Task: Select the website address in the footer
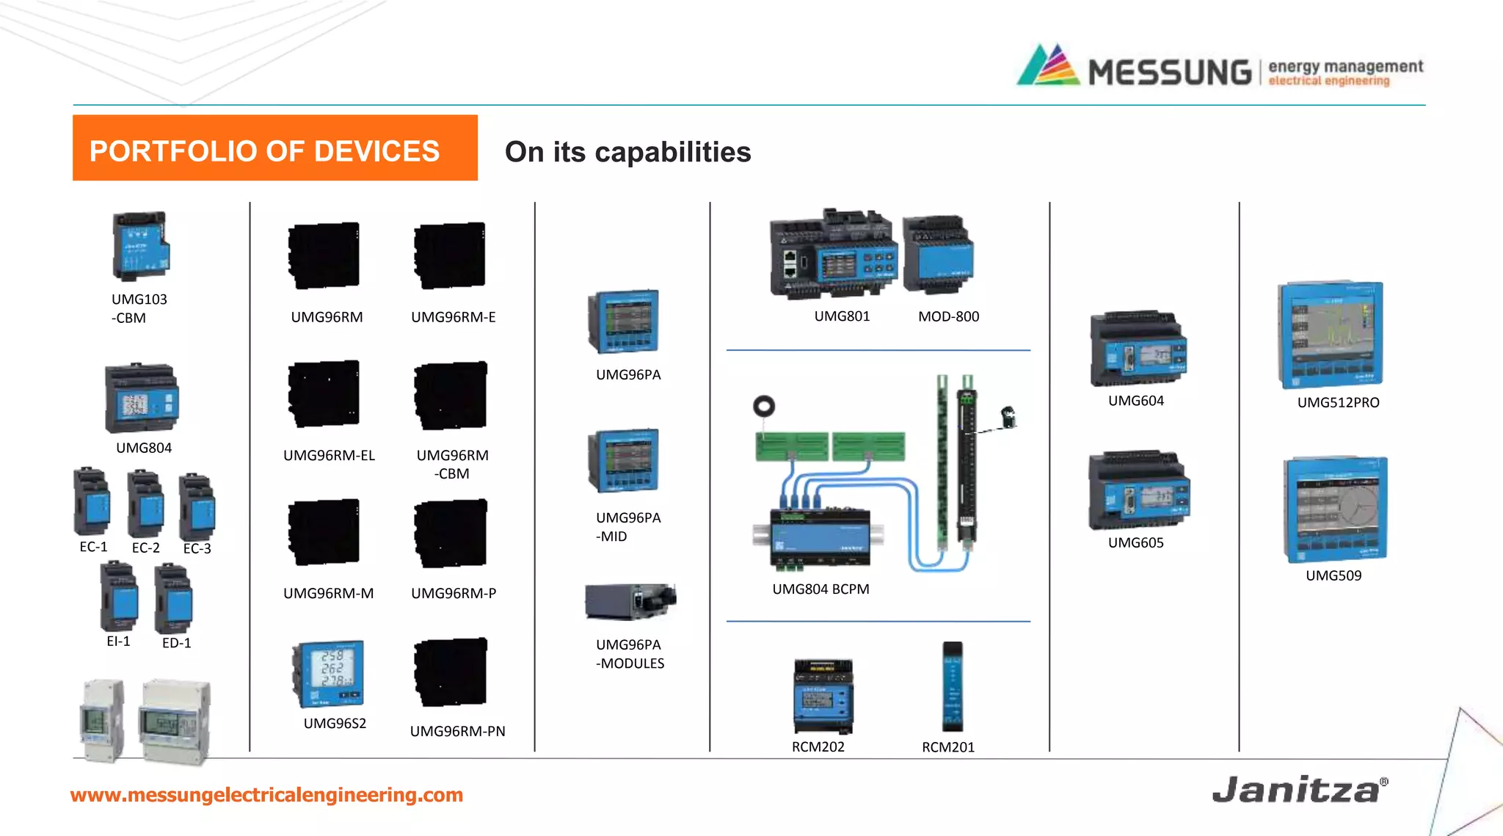pos(266,795)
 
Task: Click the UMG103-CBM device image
pos(140,247)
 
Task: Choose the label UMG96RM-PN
pos(457,731)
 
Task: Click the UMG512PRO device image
pos(1330,334)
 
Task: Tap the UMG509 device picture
pos(1335,509)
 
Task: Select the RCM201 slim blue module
pos(952,686)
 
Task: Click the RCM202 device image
pos(823,696)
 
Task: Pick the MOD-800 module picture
pos(937,255)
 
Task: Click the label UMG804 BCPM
pos(820,589)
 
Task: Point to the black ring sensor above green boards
pos(763,406)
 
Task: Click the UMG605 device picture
pos(1138,491)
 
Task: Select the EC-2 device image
pos(145,504)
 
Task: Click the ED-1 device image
pos(173,598)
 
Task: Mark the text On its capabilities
pos(627,152)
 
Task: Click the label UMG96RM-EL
pos(329,455)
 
